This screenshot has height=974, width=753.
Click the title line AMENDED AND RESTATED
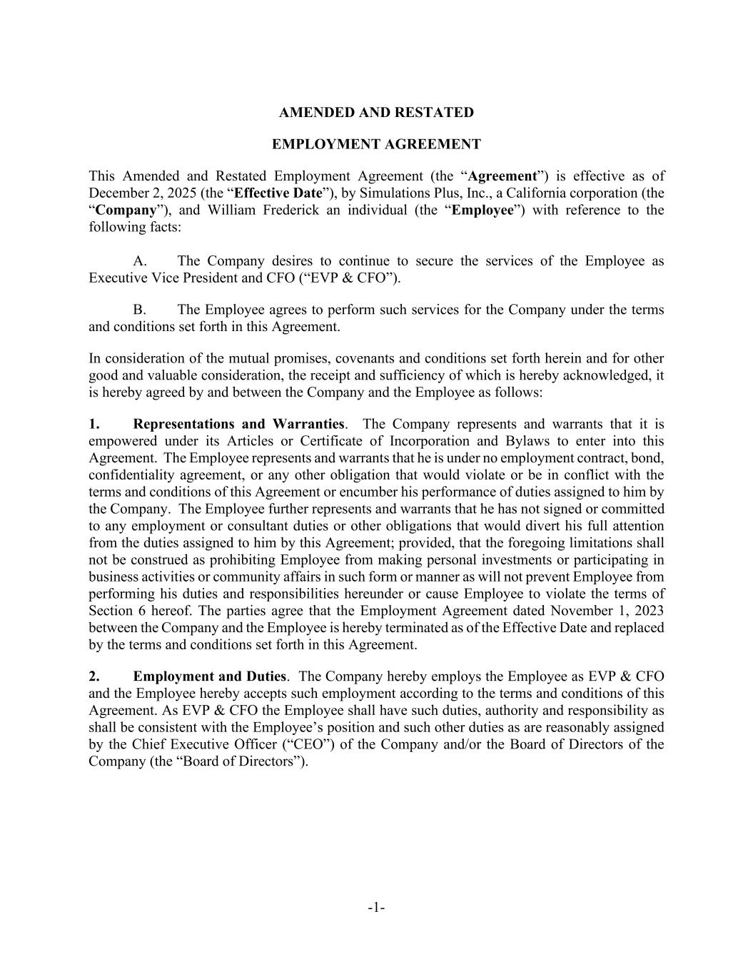point(376,113)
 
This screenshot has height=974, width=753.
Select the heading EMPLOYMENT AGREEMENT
point(376,145)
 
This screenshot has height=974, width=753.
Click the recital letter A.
point(140,261)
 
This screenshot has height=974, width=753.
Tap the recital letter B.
point(140,310)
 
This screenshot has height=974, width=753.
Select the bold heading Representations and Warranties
point(238,425)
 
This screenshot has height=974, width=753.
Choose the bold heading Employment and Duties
point(209,676)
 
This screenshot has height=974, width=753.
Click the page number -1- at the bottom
point(376,908)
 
